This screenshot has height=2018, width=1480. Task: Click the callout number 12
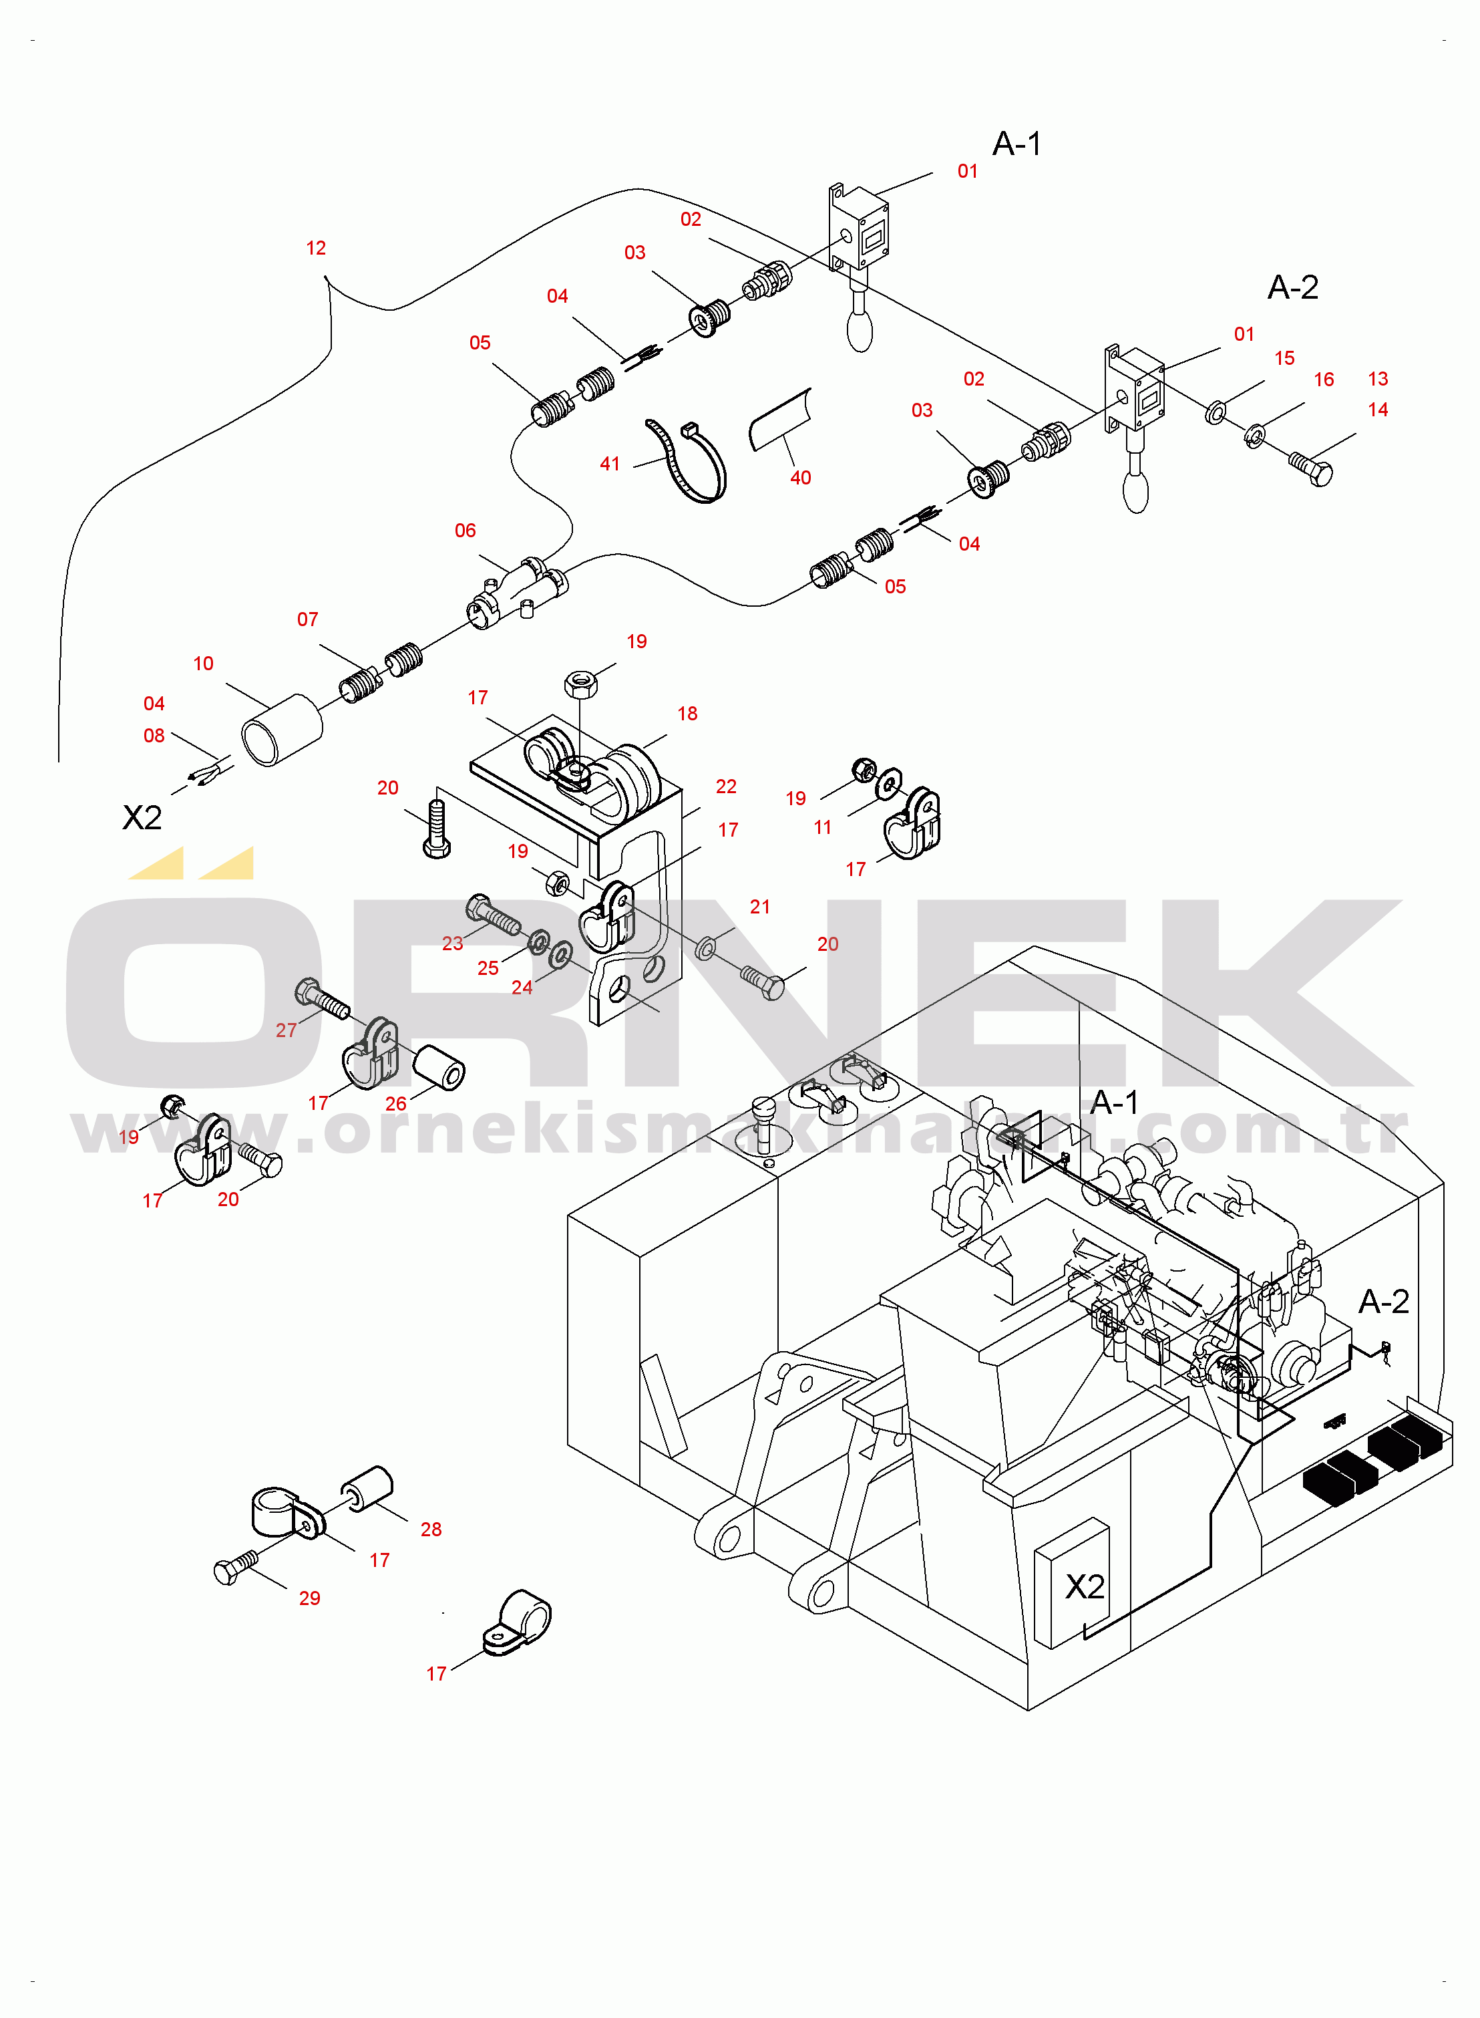tap(315, 248)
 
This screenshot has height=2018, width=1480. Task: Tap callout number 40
tap(800, 478)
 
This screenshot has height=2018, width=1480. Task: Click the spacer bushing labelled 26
tap(439, 1067)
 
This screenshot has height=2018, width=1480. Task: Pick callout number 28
tap(431, 1530)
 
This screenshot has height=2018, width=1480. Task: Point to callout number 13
tap(1378, 379)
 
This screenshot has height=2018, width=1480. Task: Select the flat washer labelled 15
tap(1216, 412)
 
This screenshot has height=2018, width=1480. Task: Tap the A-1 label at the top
tap(1016, 144)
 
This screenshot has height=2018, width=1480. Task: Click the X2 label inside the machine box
tap(1084, 1587)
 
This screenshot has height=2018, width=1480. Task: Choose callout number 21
tap(760, 907)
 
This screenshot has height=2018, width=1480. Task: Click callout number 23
tap(452, 944)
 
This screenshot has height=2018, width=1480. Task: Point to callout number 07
tap(307, 620)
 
